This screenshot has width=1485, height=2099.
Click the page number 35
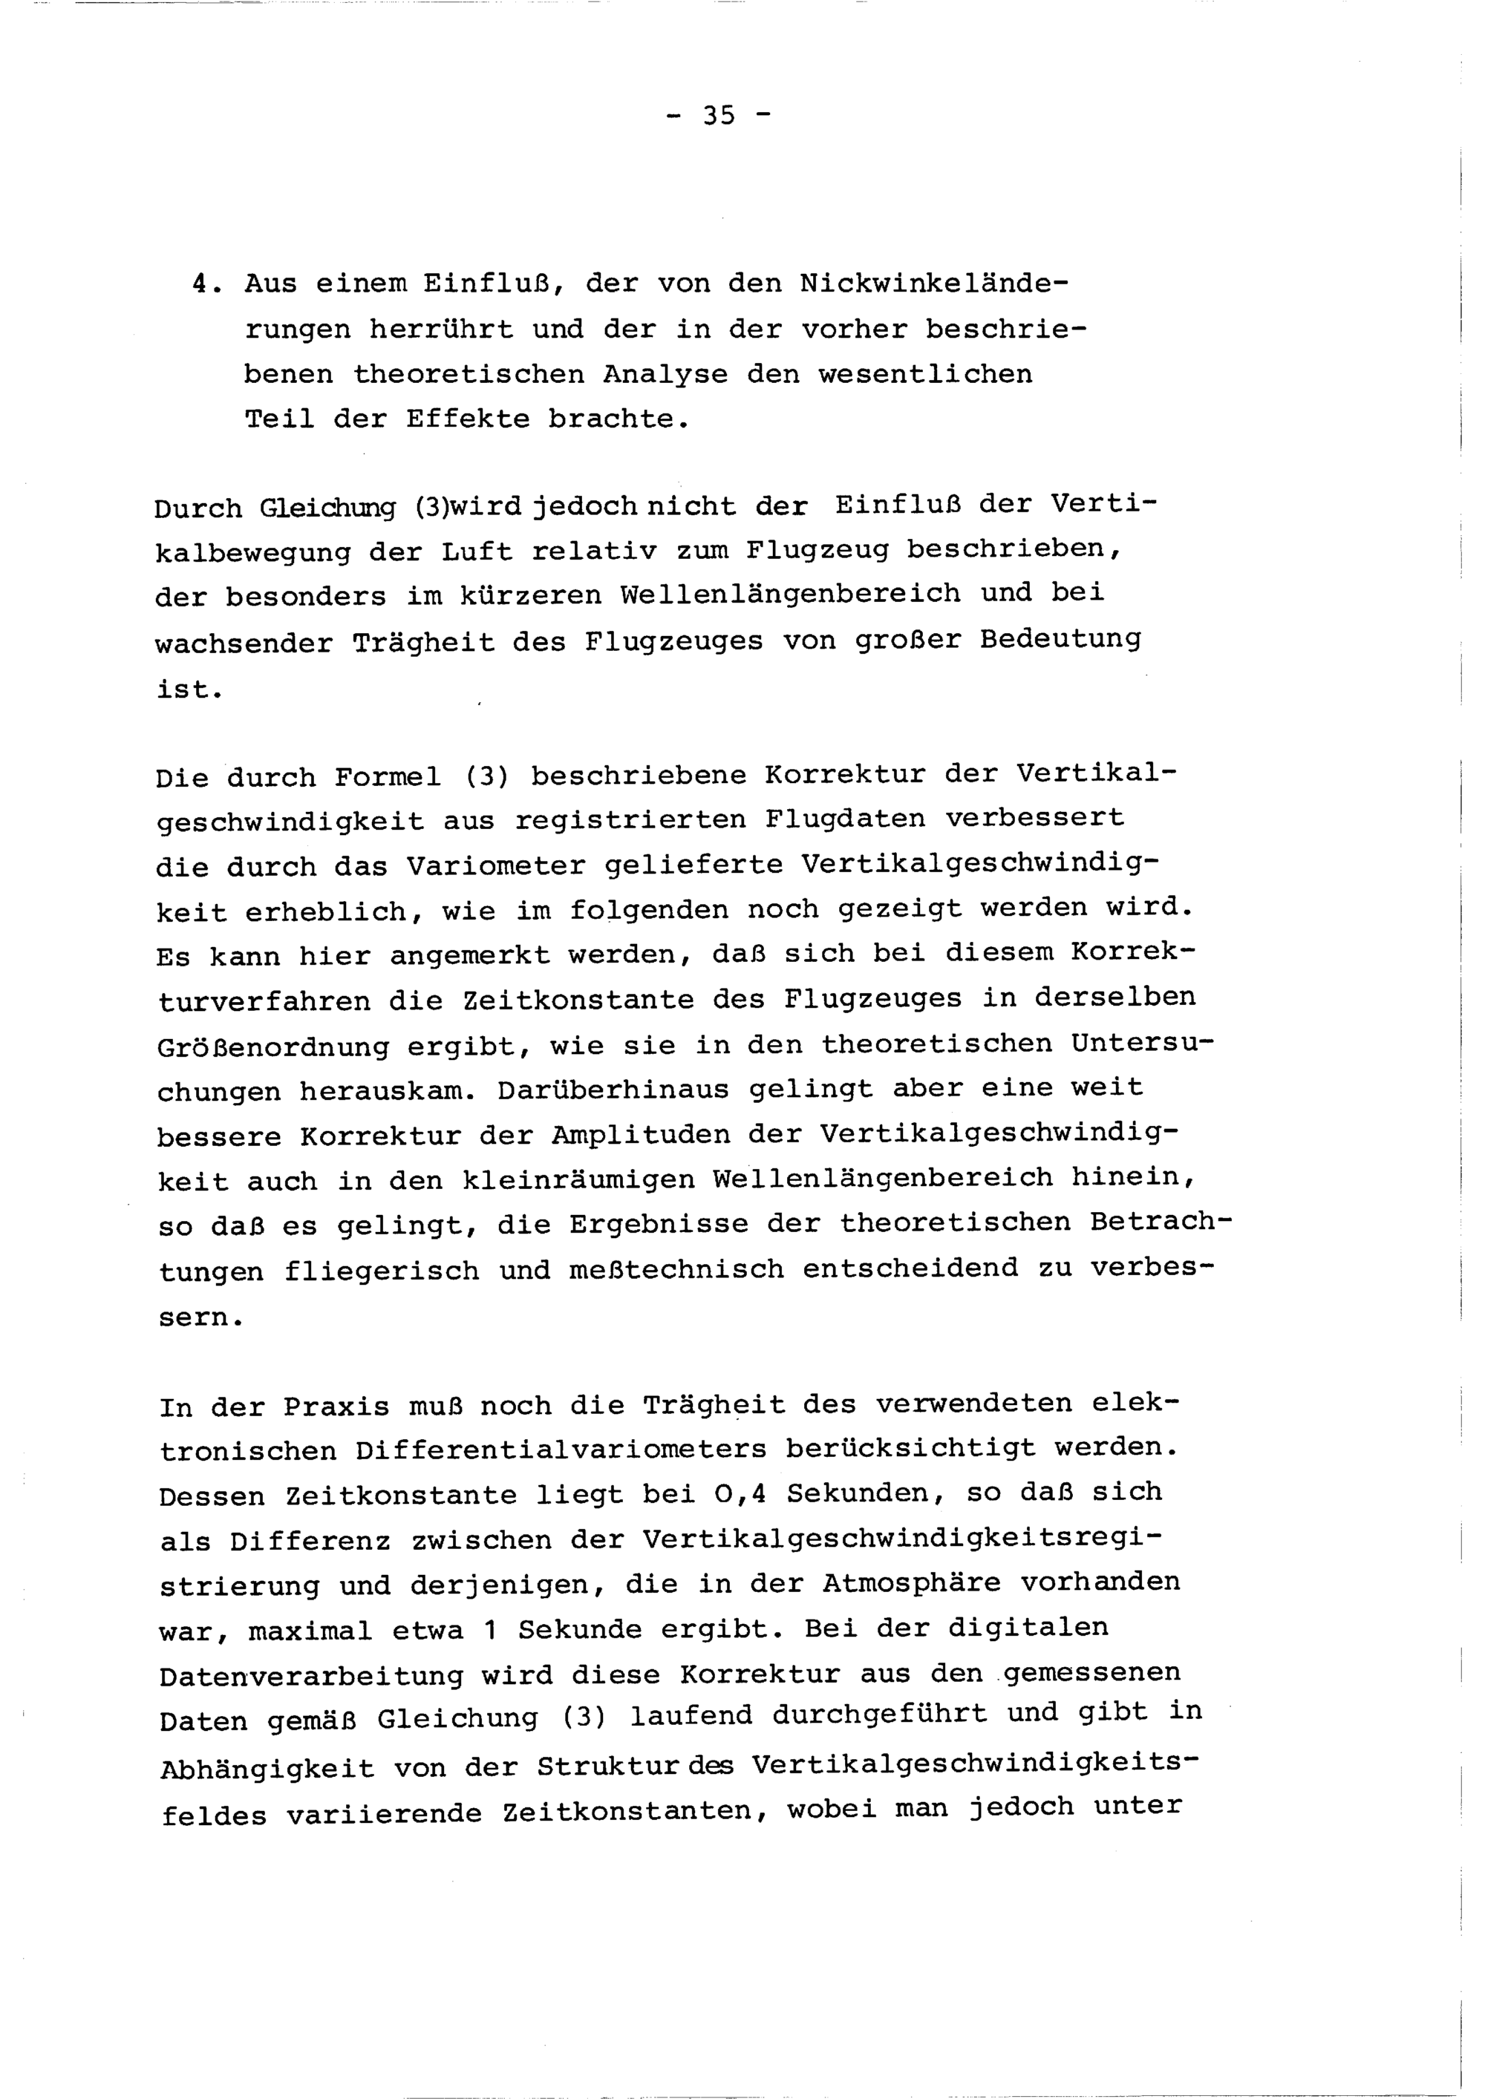pyautogui.click(x=719, y=116)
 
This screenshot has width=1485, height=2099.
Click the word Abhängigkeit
pyautogui.click(x=267, y=1767)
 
